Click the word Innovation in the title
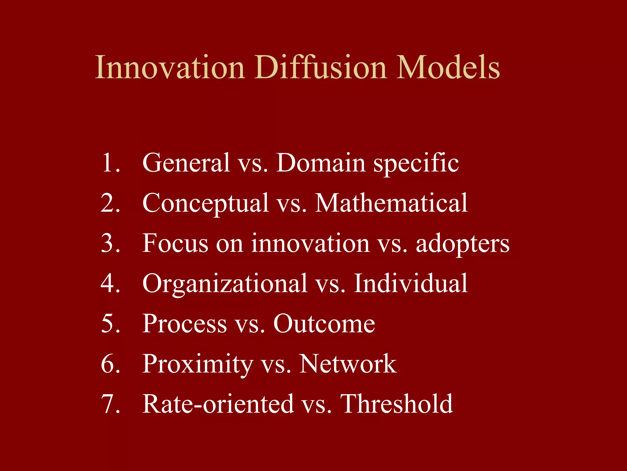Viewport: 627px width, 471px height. coord(170,67)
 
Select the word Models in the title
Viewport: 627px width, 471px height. coord(448,67)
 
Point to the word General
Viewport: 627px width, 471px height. coord(186,163)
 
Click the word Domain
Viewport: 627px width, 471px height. coord(321,163)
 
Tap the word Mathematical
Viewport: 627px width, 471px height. coord(391,203)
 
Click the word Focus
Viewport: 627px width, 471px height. coord(175,243)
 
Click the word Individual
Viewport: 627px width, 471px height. coord(411,283)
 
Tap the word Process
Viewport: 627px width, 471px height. coord(185,324)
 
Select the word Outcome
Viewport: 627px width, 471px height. coord(324,324)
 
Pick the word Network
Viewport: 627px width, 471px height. coord(348,364)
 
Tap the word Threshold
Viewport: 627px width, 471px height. coord(396,404)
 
